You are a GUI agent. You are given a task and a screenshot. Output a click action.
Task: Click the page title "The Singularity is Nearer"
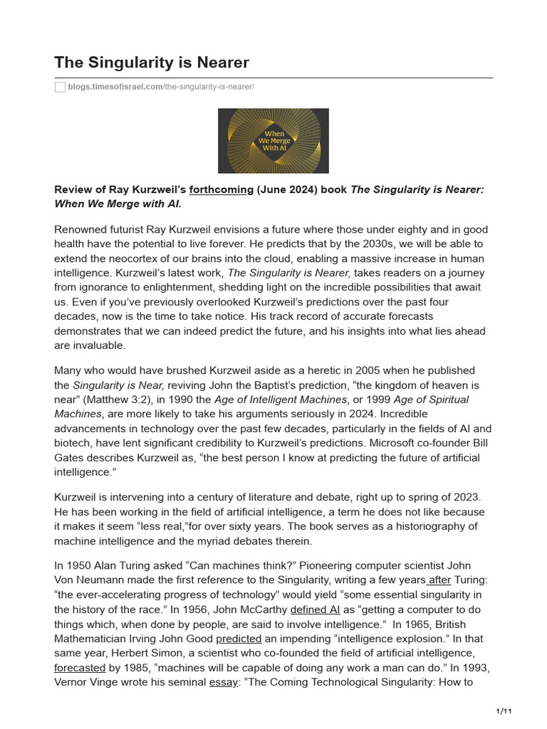[x=152, y=63]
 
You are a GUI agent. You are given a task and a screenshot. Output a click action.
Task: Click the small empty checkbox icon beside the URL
[x=60, y=87]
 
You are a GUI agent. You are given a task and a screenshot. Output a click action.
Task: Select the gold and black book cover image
[x=273, y=141]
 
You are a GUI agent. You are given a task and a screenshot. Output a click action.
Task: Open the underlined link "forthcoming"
[x=222, y=189]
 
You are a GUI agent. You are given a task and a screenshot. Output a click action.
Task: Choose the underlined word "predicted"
[x=239, y=639]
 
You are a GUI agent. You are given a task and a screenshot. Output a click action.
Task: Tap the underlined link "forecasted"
[x=80, y=667]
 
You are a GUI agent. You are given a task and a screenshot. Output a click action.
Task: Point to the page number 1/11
[x=504, y=711]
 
